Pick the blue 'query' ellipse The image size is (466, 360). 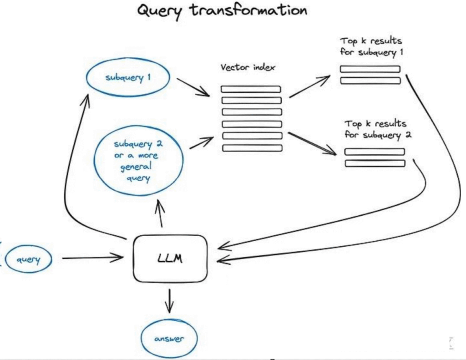click(x=29, y=260)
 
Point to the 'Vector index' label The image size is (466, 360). click(x=248, y=68)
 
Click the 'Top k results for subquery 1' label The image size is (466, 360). click(x=371, y=47)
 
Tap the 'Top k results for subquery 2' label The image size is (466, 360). click(x=375, y=129)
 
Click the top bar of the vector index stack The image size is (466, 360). click(x=251, y=89)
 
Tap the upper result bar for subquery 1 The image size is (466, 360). click(x=370, y=69)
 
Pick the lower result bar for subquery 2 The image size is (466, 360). click(x=375, y=163)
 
